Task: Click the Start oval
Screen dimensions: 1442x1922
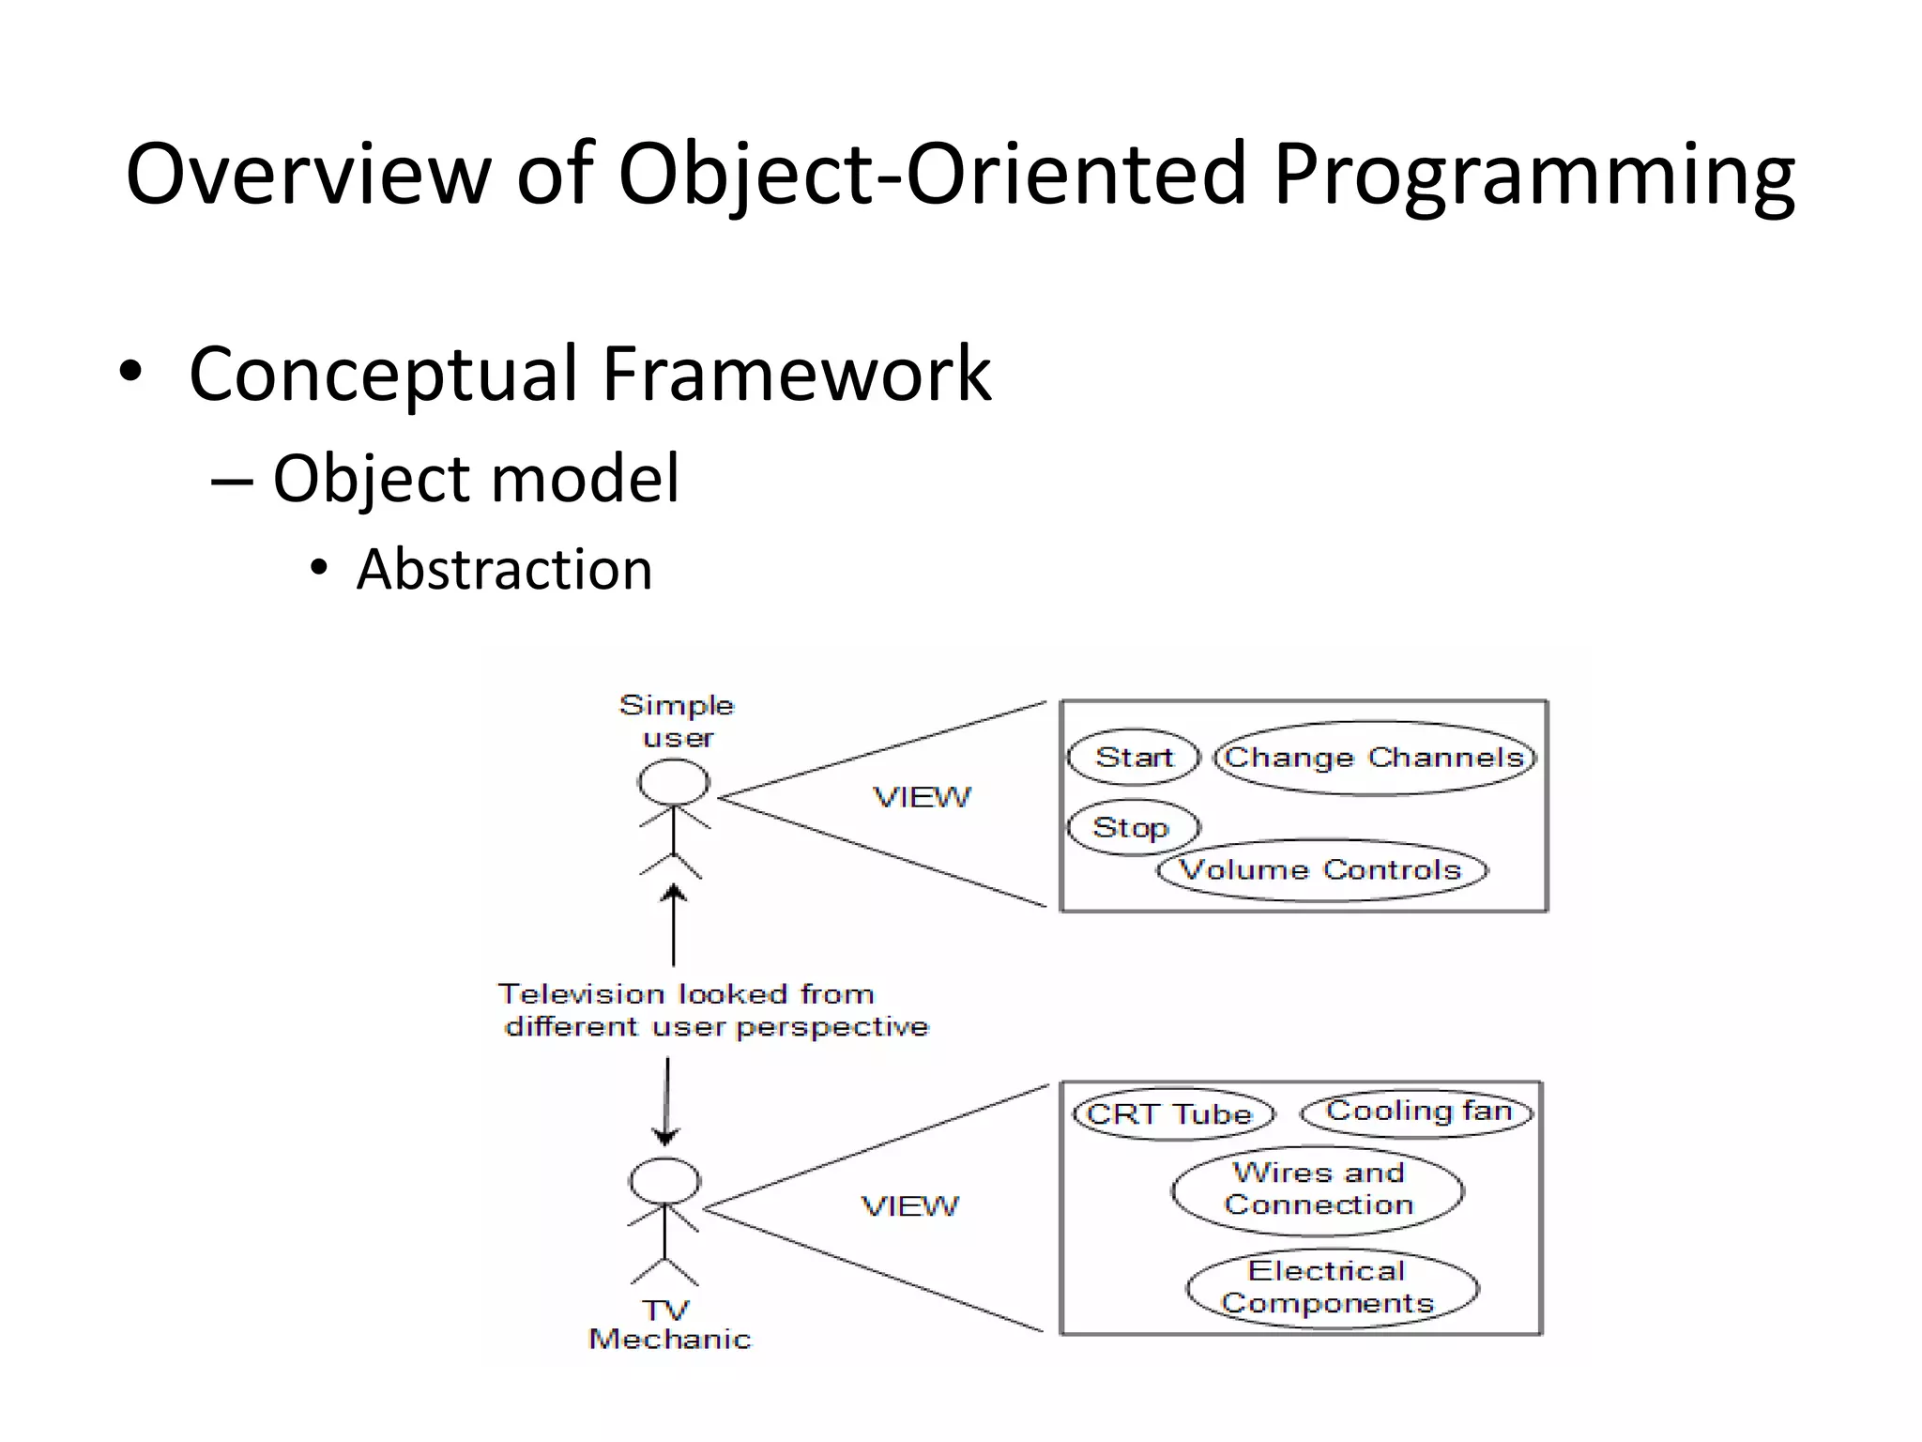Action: pos(1134,757)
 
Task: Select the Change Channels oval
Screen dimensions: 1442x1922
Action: pos(1375,758)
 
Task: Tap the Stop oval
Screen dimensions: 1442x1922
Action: pos(1133,827)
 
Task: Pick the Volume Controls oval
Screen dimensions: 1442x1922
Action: pos(1321,870)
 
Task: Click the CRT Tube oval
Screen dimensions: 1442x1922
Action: pos(1172,1114)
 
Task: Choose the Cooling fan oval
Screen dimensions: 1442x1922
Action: pos(1417,1112)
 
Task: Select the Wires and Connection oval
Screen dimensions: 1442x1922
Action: pos(1318,1189)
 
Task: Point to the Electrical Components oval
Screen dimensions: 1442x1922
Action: pos(1331,1287)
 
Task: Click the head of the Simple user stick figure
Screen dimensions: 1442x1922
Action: pos(674,781)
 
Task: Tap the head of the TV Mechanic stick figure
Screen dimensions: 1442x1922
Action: pos(664,1180)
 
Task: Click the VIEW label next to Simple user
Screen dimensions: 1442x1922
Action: pos(922,798)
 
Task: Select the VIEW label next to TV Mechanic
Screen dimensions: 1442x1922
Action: pos(910,1206)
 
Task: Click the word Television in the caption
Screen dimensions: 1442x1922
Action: pos(580,994)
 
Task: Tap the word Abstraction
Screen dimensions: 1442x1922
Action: pos(504,570)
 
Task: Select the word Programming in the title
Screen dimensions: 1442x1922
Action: pos(1533,175)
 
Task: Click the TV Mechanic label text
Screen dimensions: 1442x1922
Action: pos(669,1325)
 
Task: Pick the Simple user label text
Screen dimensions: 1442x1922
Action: pos(677,721)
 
